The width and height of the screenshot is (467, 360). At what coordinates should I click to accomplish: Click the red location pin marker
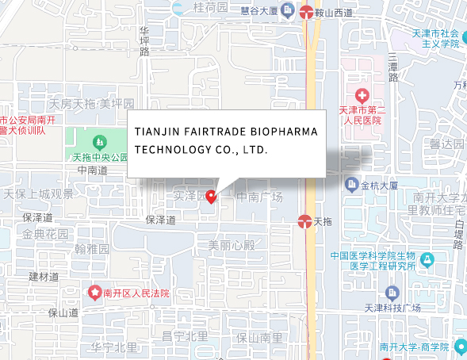click(211, 196)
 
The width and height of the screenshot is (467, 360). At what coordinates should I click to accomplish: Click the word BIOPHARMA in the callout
click(284, 131)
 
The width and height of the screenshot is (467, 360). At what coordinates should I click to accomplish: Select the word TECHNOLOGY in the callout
click(173, 149)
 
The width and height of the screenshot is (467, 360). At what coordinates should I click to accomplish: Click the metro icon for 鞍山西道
click(307, 11)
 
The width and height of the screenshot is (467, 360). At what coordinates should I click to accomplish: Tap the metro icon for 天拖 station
click(304, 221)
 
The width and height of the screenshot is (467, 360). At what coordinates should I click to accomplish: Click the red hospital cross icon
click(362, 95)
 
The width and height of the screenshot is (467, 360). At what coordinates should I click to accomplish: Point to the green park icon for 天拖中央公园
click(100, 143)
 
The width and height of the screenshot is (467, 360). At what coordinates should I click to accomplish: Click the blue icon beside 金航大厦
click(351, 185)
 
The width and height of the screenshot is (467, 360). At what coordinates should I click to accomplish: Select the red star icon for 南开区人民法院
click(96, 293)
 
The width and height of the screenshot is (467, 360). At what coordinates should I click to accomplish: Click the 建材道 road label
click(44, 277)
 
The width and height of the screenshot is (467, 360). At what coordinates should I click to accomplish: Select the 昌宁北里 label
click(183, 336)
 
